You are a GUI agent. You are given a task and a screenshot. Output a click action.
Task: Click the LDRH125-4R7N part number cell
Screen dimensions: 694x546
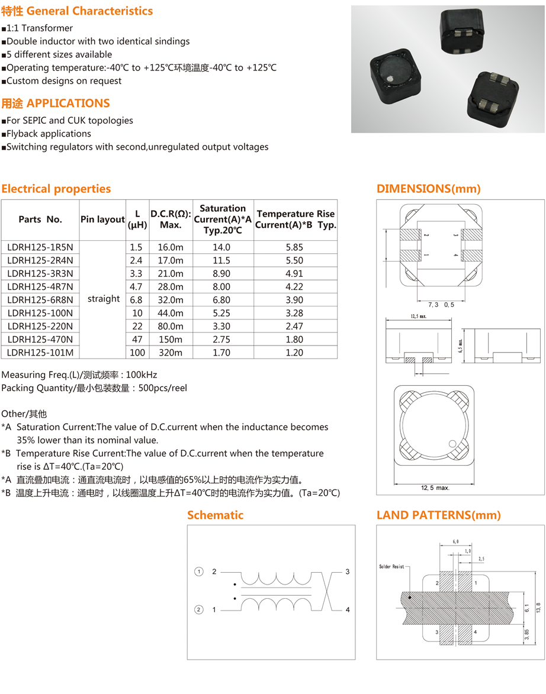[x=40, y=286]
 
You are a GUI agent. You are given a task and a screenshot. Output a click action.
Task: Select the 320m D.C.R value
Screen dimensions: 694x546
[x=171, y=353]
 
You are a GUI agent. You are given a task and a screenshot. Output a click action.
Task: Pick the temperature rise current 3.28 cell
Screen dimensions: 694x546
[x=294, y=313]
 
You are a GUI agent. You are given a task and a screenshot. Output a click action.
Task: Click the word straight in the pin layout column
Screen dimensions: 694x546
[x=104, y=299]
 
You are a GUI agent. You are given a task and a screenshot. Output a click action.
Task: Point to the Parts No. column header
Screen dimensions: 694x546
[x=40, y=220]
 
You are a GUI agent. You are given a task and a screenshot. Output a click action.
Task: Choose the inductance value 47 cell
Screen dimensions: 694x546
[x=137, y=340]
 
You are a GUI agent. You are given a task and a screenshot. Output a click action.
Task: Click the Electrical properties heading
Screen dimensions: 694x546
[x=56, y=189]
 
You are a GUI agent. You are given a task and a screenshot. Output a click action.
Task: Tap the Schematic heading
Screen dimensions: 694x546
[x=215, y=515]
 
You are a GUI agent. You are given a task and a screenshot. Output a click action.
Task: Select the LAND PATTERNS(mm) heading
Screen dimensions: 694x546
[x=439, y=515]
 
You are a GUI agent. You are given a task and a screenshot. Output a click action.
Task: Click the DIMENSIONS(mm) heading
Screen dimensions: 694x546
[x=429, y=189]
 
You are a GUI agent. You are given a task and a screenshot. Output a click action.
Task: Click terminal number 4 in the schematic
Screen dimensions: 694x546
[x=348, y=609]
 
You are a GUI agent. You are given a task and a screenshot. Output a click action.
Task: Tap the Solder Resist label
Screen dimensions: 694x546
[x=391, y=567]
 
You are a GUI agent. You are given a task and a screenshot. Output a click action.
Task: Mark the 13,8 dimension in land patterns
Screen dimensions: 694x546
[x=538, y=608]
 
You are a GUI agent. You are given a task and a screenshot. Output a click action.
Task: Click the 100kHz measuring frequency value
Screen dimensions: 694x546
[x=142, y=375]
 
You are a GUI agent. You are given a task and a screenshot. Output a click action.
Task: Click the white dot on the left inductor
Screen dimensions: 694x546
[x=393, y=79]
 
